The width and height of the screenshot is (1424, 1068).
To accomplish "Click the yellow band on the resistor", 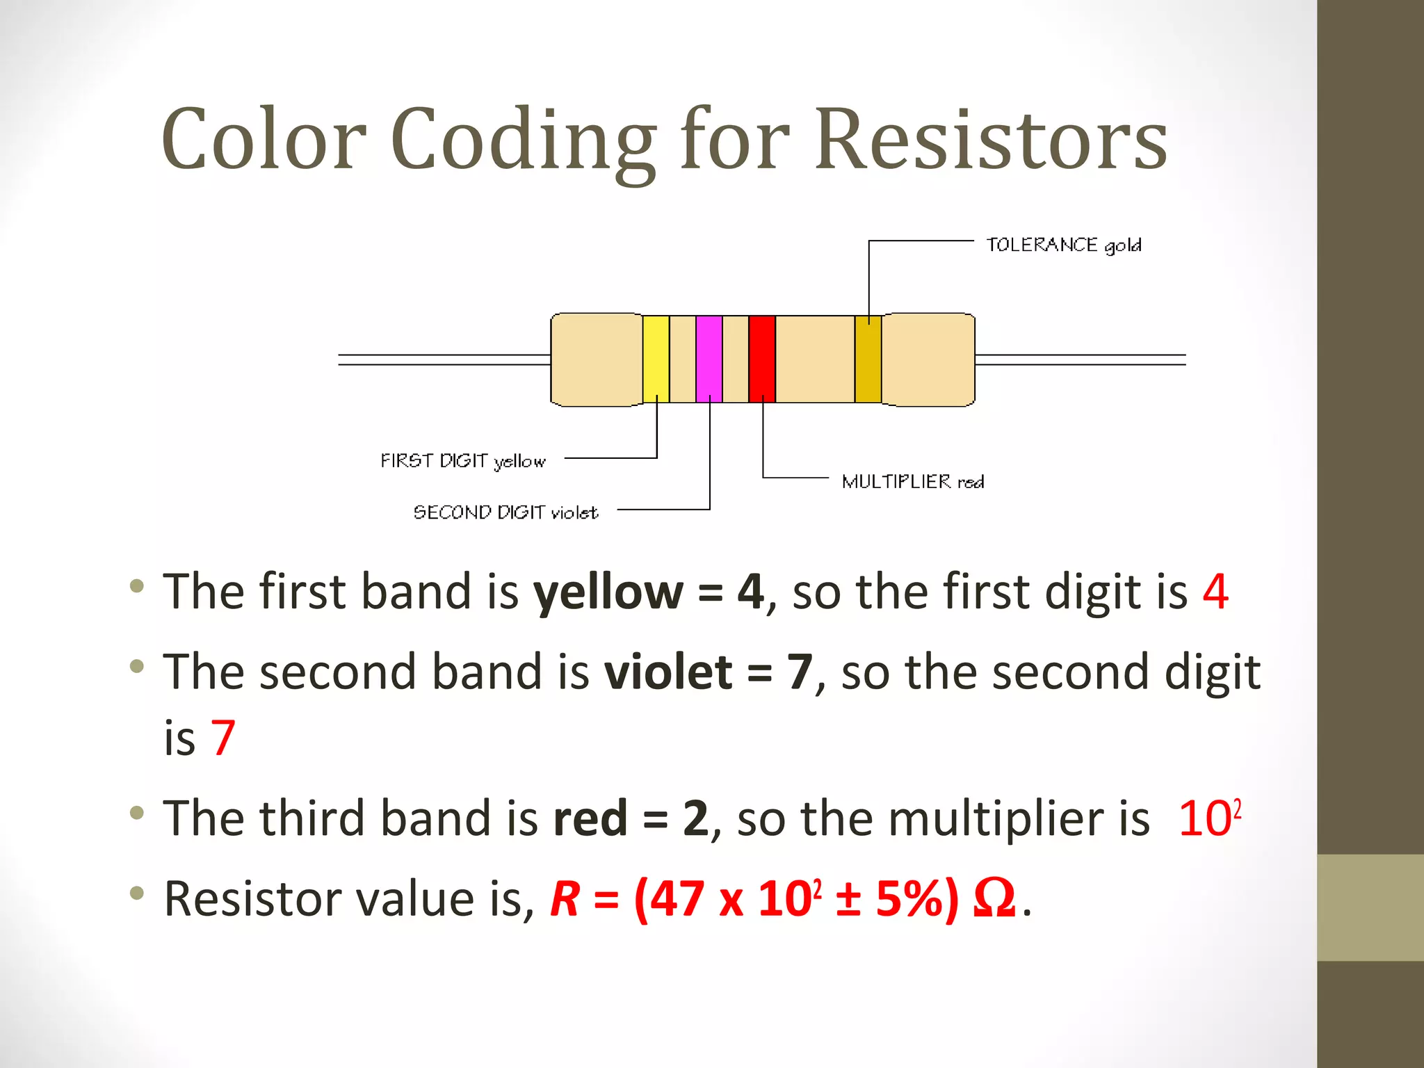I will point(656,359).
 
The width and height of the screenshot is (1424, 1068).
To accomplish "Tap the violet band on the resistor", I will point(709,359).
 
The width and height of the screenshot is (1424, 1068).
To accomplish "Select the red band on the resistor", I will point(762,359).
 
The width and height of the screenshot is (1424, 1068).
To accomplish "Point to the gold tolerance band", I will point(868,359).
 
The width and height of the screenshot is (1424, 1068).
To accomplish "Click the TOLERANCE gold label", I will point(1064,245).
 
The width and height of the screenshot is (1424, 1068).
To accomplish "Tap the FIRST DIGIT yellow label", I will point(463,461).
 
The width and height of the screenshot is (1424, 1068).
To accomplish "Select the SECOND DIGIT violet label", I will point(505,512).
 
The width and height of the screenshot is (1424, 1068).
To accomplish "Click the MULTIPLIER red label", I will point(913,482).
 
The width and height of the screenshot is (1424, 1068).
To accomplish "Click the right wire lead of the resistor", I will point(1080,359).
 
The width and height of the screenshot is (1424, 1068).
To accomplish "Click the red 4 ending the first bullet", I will point(1215,592).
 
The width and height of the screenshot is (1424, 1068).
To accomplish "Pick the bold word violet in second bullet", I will point(668,672).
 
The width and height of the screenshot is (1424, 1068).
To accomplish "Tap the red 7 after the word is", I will point(222,738).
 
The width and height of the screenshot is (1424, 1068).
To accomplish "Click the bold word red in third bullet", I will point(590,818).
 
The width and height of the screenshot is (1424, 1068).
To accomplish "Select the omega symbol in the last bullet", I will point(994,899).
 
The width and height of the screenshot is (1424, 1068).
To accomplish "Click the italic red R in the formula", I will point(565,899).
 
